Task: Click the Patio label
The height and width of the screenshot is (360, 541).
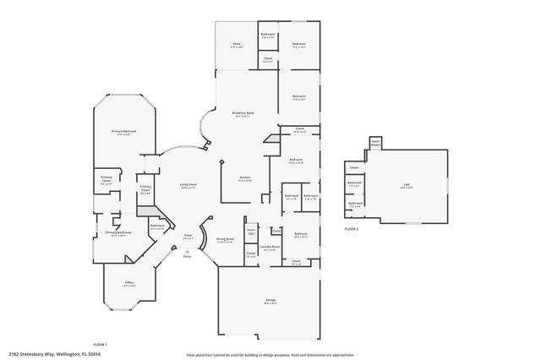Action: [238, 46]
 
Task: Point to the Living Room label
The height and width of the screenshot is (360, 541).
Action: [188, 184]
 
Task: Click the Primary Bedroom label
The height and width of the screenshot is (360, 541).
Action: [123, 132]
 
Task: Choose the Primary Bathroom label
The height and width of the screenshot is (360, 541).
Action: [118, 233]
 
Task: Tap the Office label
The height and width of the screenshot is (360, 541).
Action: [129, 284]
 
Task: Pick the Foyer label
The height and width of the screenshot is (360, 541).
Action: [189, 237]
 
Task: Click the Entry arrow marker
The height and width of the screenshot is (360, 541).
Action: [187, 254]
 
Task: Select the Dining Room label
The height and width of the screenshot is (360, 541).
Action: [225, 241]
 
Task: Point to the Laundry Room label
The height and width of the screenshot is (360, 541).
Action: [270, 248]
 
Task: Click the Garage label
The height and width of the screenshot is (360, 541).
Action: [270, 300]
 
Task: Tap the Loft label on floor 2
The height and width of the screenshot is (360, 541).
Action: [406, 185]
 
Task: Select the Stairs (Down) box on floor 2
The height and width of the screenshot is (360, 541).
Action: [376, 143]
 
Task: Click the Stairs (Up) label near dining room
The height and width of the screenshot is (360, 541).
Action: [251, 231]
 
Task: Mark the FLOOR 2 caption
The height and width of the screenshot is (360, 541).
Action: [352, 229]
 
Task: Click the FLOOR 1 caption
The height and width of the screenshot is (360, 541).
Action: [99, 344]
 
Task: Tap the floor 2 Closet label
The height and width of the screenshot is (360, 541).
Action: [354, 167]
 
